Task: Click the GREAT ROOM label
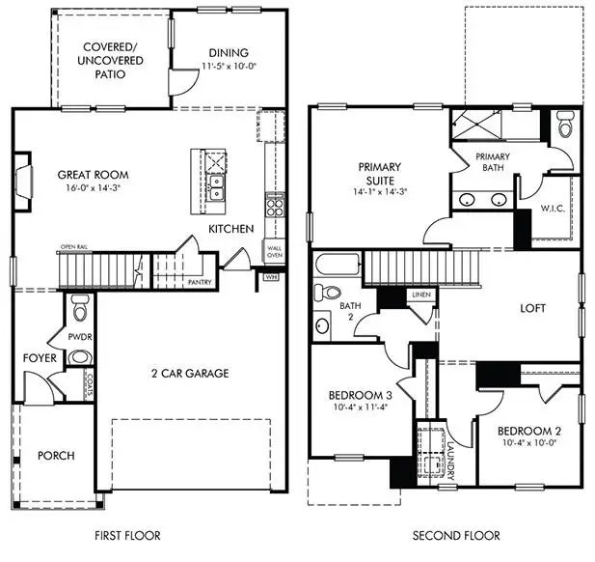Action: [x=93, y=175]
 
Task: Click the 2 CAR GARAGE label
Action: [x=189, y=374]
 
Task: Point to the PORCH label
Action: [x=56, y=456]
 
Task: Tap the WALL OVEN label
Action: [x=276, y=252]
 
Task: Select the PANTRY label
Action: [x=200, y=283]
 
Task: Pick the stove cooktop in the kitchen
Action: [x=274, y=205]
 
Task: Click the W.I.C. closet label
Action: [x=552, y=207]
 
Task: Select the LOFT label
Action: [x=532, y=309]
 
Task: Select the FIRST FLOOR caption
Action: [x=127, y=535]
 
